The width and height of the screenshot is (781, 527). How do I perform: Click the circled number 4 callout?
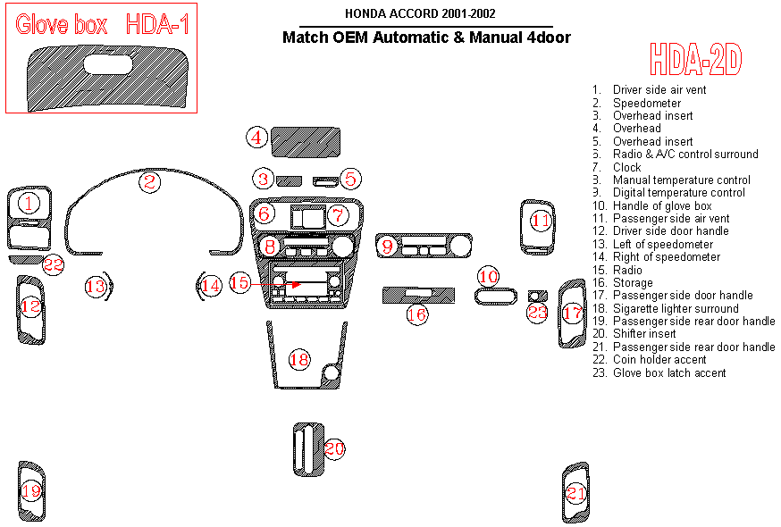click(x=257, y=138)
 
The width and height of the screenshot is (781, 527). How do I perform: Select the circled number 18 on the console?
click(x=298, y=360)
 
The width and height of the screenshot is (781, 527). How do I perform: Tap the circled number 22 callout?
click(x=54, y=264)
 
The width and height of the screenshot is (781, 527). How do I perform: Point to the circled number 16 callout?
click(x=416, y=314)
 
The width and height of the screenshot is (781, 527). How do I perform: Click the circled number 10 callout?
click(x=488, y=275)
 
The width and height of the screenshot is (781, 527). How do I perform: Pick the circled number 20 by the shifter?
click(x=334, y=449)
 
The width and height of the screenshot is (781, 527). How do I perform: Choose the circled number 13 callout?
click(x=95, y=286)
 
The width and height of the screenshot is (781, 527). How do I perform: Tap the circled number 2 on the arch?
click(x=149, y=182)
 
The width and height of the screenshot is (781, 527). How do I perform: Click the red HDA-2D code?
click(x=695, y=60)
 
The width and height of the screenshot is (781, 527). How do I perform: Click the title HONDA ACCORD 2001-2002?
click(x=420, y=13)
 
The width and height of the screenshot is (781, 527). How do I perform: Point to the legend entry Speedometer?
click(x=646, y=103)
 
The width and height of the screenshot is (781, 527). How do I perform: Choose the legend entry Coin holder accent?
click(x=659, y=360)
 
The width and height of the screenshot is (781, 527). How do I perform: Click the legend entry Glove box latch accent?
click(x=668, y=372)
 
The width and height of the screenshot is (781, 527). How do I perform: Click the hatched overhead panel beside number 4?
click(x=306, y=140)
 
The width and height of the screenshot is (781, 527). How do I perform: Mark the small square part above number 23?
click(x=537, y=296)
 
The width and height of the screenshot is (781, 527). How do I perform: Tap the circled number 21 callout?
click(x=576, y=493)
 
